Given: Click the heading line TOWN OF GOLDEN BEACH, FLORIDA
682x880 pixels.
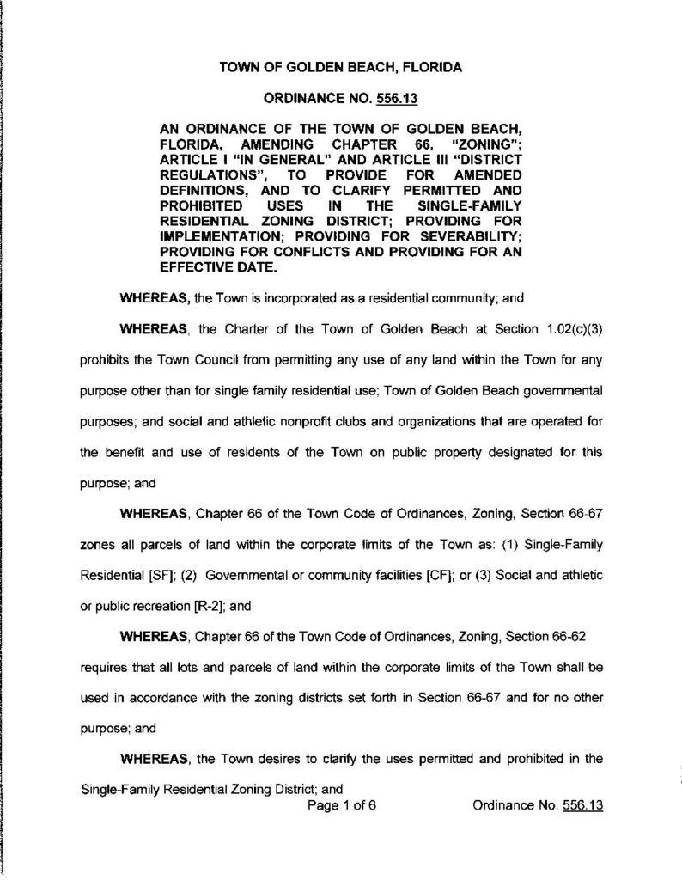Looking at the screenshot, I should coord(341,67).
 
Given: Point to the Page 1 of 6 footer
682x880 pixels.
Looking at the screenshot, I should coord(342,806).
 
